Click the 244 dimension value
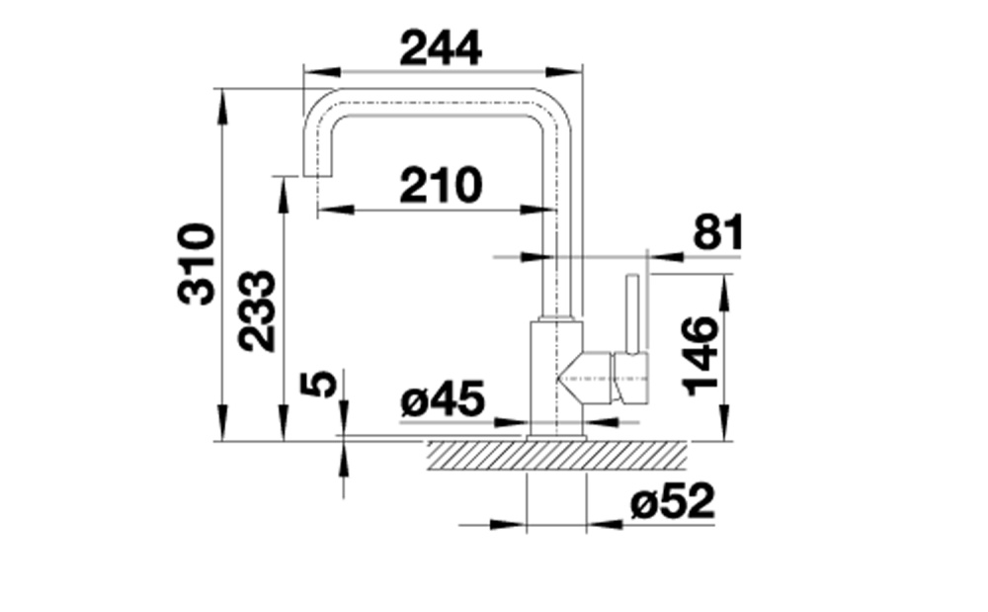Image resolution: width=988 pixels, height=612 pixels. (441, 48)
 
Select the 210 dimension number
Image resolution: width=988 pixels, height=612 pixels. (441, 185)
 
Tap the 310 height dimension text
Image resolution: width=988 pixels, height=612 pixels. (197, 264)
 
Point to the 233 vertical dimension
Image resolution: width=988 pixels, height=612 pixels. (257, 310)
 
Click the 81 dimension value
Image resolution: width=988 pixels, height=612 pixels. (718, 232)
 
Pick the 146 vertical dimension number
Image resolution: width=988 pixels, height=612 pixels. (700, 356)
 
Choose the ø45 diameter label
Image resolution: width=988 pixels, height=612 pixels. (443, 399)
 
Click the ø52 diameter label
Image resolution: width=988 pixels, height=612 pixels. (673, 501)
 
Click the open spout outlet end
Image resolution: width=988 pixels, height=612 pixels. (319, 176)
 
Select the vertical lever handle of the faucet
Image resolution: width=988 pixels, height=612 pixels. (632, 313)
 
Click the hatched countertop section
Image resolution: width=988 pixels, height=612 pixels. (557, 455)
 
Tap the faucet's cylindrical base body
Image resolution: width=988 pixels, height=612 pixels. (557, 378)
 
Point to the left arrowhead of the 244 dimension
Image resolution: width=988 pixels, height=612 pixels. (322, 71)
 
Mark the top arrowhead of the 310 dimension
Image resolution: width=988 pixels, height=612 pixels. (221, 107)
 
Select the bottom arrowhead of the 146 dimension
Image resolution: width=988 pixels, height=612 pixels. (724, 423)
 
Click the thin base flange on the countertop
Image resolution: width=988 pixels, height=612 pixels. (557, 438)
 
